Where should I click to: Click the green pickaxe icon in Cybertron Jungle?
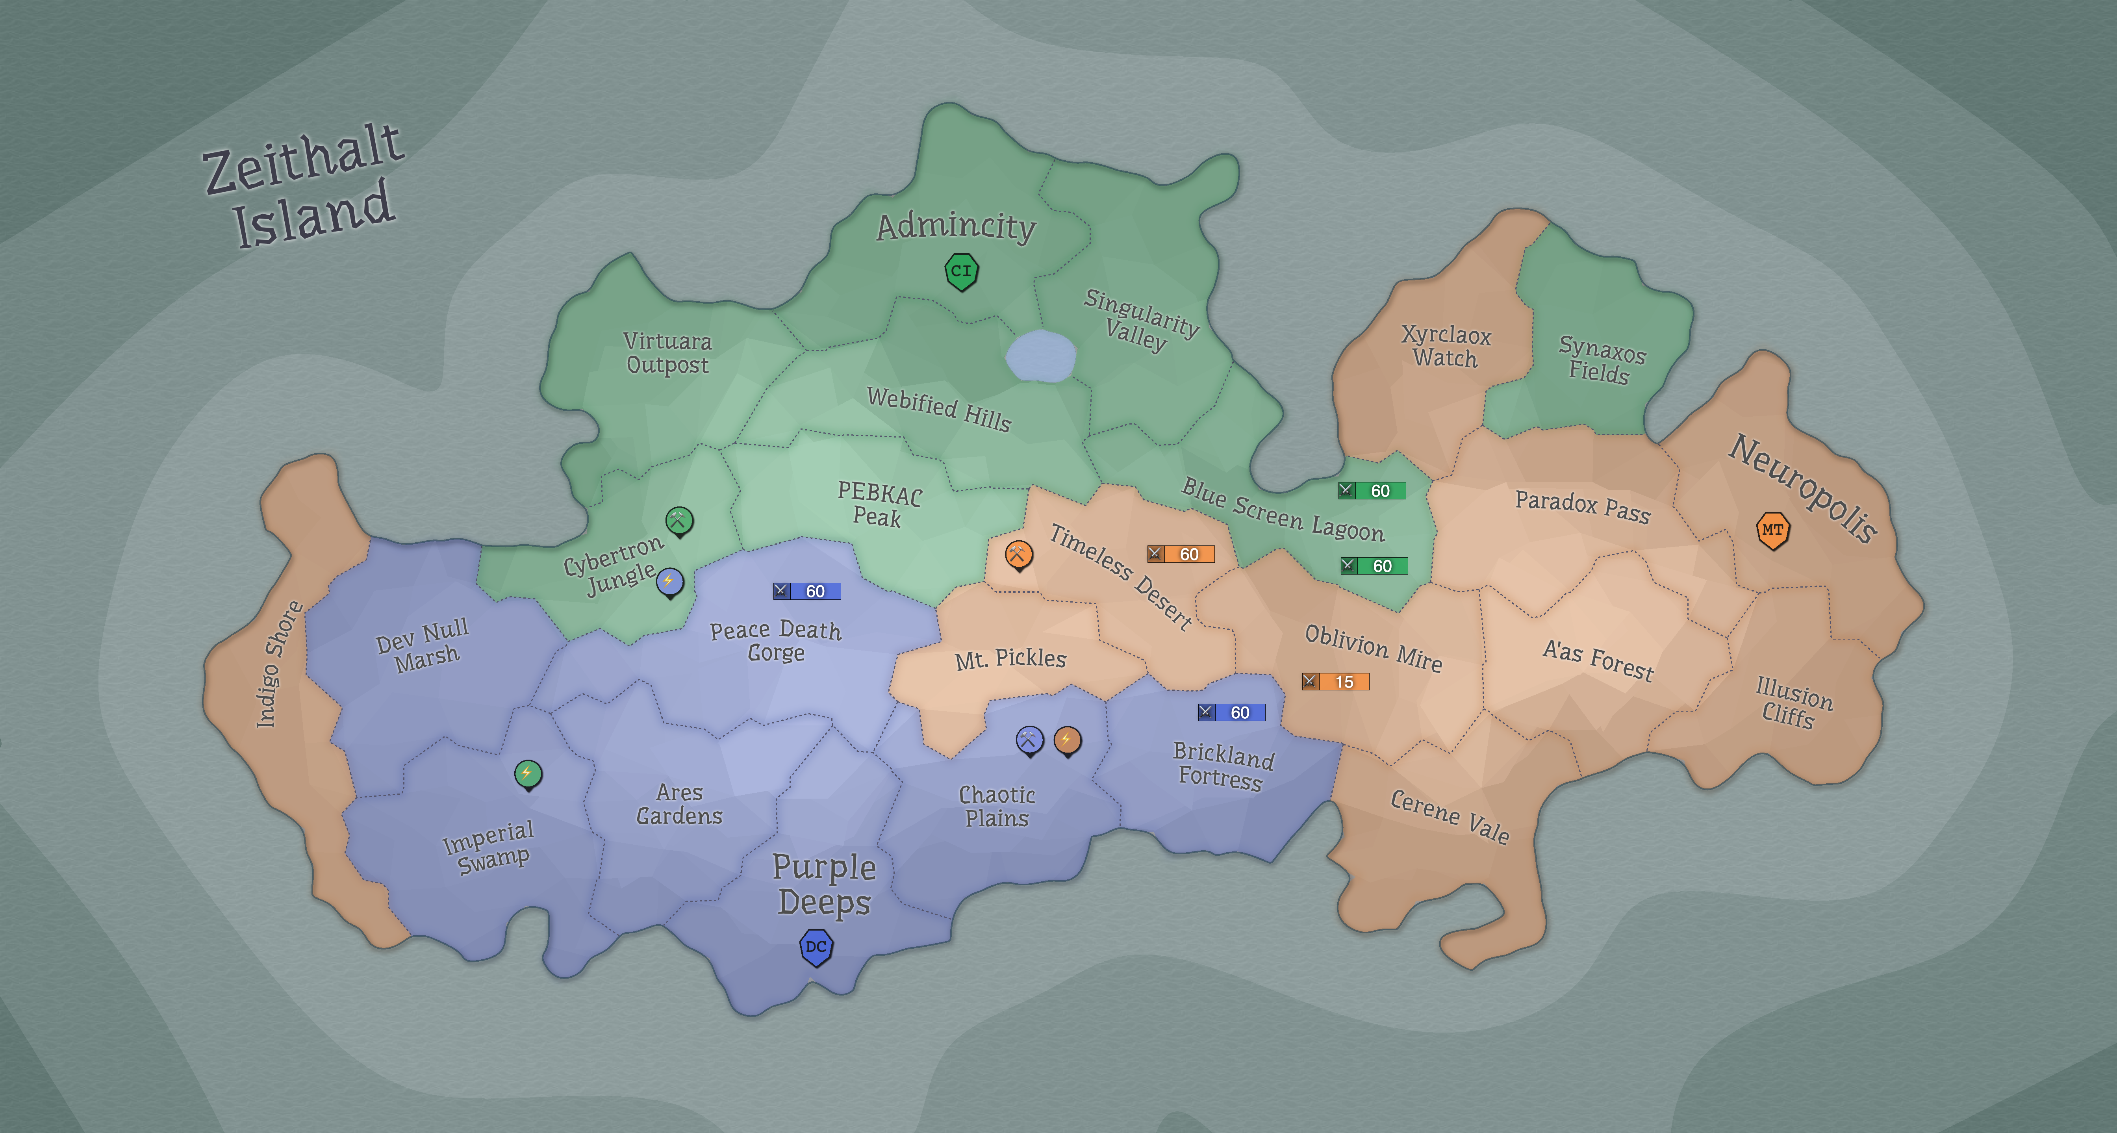679,520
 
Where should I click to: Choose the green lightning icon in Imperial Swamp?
528,773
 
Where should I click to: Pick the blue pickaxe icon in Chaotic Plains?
1030,740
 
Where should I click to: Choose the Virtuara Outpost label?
667,352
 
